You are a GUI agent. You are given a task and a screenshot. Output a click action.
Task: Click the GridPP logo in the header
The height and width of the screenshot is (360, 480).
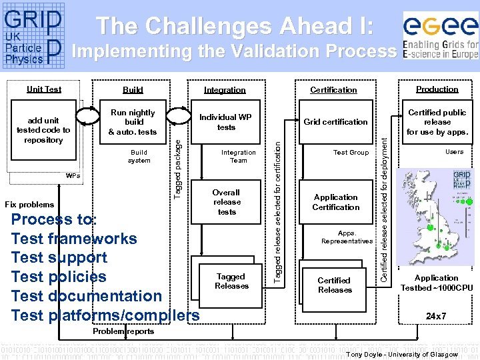(33, 37)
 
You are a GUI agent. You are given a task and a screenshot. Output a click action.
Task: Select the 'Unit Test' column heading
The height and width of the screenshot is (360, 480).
(44, 89)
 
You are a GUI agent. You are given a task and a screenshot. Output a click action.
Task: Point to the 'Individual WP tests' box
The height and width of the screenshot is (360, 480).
(226, 122)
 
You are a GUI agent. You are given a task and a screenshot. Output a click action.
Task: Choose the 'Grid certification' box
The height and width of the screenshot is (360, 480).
(335, 122)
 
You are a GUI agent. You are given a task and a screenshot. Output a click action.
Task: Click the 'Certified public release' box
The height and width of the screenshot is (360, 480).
(437, 122)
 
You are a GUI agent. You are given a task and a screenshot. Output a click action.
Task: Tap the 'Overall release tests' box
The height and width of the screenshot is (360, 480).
(227, 202)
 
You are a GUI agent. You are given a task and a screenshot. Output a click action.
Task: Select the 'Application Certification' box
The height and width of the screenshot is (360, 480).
(335, 202)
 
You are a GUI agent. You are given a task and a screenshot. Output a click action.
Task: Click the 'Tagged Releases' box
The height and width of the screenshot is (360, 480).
(231, 281)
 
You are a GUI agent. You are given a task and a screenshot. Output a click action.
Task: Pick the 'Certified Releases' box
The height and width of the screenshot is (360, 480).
(335, 285)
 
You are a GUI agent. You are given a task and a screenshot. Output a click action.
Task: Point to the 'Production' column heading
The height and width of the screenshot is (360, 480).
(437, 89)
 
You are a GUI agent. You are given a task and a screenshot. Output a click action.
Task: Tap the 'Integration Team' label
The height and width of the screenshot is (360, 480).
(238, 156)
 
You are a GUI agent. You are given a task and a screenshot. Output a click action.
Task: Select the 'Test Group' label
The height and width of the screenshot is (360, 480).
(351, 153)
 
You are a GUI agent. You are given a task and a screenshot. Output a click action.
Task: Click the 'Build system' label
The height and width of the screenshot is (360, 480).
(139, 156)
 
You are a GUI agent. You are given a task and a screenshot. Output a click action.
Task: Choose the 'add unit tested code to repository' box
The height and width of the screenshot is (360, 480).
(43, 130)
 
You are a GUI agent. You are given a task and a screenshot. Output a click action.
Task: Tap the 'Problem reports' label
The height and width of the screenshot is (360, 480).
(123, 331)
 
